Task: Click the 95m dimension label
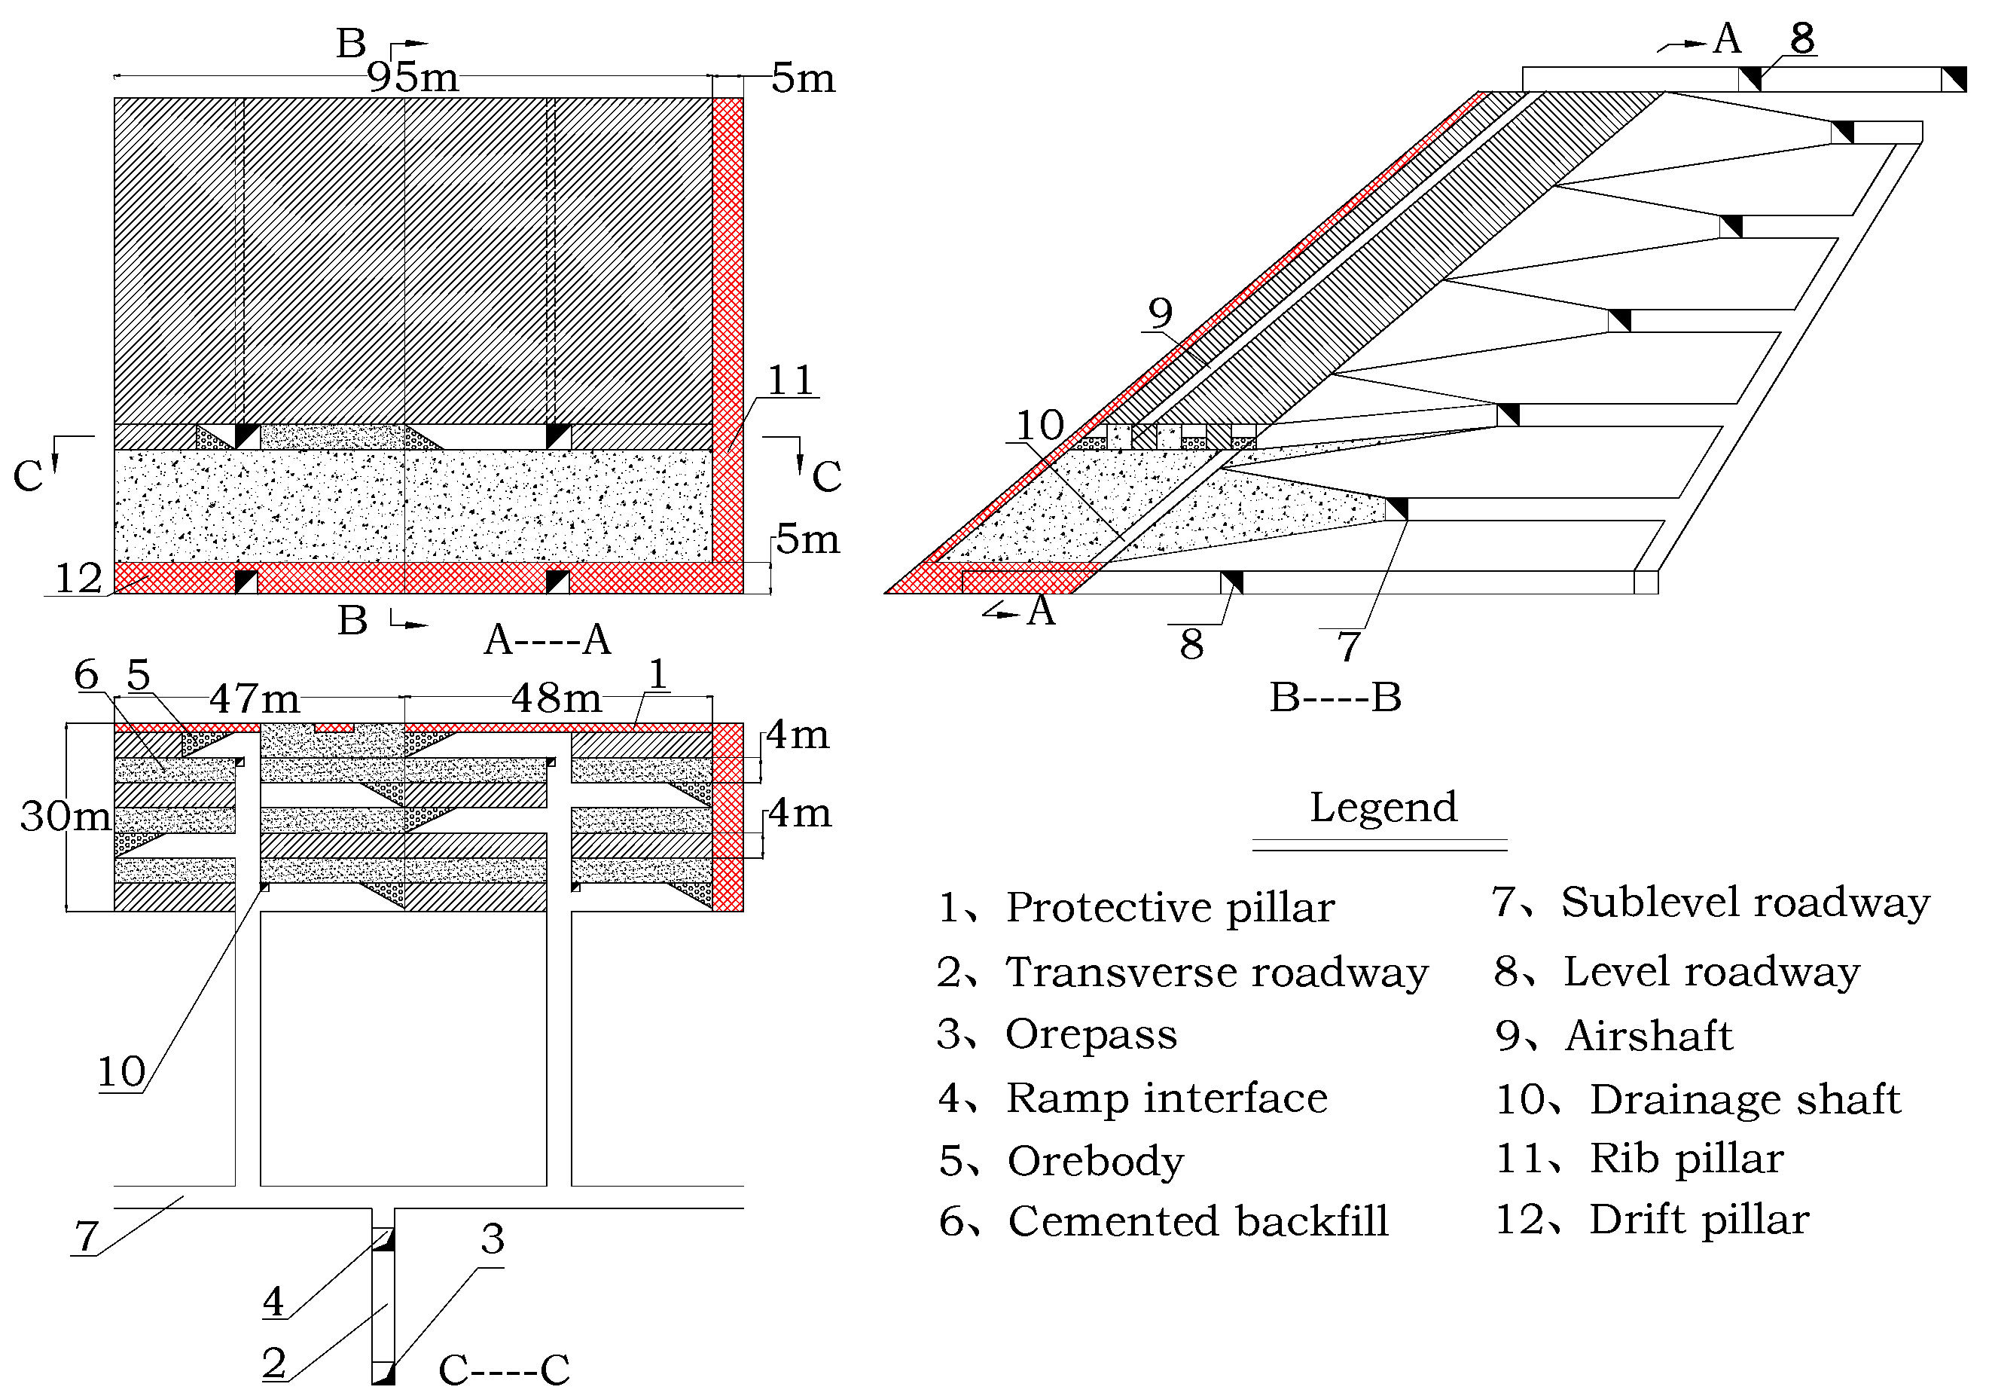[412, 77]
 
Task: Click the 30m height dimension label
[64, 817]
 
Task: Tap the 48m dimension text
[556, 698]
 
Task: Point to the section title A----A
[548, 641]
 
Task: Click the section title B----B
[1335, 698]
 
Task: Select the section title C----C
[504, 1370]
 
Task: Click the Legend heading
[1383, 807]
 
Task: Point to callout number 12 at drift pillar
[78, 579]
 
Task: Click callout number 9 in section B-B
[1160, 313]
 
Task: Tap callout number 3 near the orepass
[492, 1239]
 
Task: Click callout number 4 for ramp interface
[273, 1301]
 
